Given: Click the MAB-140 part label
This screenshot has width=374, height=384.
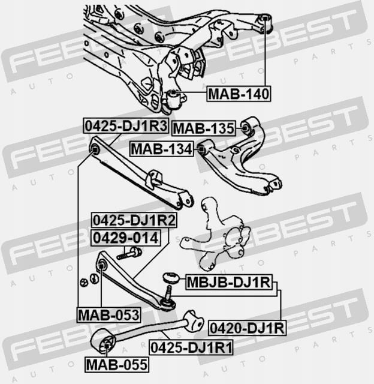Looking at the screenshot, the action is [x=239, y=94].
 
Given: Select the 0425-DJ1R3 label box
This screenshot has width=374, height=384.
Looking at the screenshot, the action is [x=126, y=125].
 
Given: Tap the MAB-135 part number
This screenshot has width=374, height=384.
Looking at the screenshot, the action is [x=204, y=128].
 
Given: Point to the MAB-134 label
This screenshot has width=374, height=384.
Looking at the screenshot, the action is [x=161, y=149].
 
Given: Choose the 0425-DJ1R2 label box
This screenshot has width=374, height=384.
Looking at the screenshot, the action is [x=134, y=220].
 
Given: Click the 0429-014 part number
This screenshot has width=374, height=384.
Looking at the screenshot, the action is [x=126, y=238].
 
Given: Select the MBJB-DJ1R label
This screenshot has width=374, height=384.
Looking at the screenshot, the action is [x=229, y=282].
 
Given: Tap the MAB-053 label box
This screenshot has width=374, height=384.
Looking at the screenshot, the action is [x=109, y=315].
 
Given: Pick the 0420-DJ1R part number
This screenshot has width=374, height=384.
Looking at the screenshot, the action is [x=248, y=328].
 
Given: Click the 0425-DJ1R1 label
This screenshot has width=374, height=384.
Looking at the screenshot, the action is [x=191, y=347].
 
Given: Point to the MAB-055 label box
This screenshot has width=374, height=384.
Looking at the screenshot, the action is [x=117, y=364].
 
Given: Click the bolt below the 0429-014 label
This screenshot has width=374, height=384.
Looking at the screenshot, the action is [x=129, y=253].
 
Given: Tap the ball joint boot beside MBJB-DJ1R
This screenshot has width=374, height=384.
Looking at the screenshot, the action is [x=171, y=278].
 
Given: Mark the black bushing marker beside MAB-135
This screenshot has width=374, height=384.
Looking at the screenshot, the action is [x=245, y=128].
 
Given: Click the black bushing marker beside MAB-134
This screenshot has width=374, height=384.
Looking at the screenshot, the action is [x=201, y=149].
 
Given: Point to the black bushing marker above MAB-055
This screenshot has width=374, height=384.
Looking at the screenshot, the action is [x=107, y=346].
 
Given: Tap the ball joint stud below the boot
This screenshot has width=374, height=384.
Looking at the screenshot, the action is [x=169, y=292].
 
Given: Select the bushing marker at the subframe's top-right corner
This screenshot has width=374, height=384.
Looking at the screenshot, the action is [x=265, y=18].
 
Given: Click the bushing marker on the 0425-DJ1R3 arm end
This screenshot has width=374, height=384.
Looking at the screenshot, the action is [x=95, y=149].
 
